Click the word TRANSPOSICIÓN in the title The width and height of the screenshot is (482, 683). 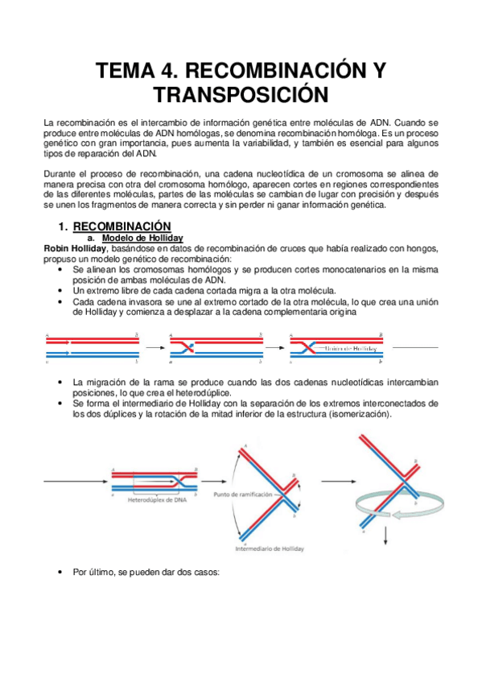tap(242, 94)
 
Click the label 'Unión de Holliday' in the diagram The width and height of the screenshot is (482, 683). tap(351, 348)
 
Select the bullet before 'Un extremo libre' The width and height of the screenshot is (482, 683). tap(62, 290)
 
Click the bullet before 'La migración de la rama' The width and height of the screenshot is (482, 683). tap(62, 382)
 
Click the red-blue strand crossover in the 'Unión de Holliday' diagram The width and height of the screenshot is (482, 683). tap(308, 348)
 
